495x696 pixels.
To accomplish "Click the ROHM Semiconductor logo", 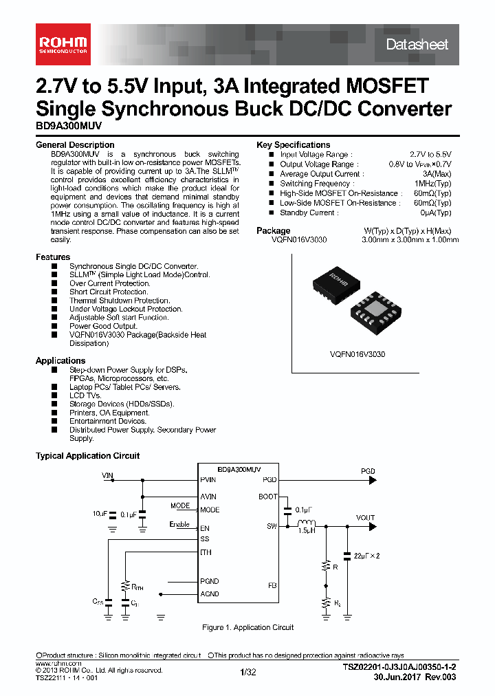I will [62, 44].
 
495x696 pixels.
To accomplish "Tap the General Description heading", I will [75, 145].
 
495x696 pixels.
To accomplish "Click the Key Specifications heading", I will [293, 145].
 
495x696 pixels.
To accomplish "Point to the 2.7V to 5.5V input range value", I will [430, 155].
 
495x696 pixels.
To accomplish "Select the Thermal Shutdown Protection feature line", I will [120, 301].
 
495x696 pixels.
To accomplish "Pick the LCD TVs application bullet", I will [86, 395].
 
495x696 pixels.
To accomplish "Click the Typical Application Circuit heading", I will [87, 456].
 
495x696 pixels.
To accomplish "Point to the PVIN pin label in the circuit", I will [208, 480].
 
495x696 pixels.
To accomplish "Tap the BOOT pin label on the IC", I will [267, 497].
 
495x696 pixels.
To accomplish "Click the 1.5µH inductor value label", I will [307, 531].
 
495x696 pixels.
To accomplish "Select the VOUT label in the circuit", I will [366, 518].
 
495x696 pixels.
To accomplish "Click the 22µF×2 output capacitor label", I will [366, 554].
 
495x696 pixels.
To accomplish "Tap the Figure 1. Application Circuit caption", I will [247, 627].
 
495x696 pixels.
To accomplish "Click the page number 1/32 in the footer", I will [247, 673].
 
